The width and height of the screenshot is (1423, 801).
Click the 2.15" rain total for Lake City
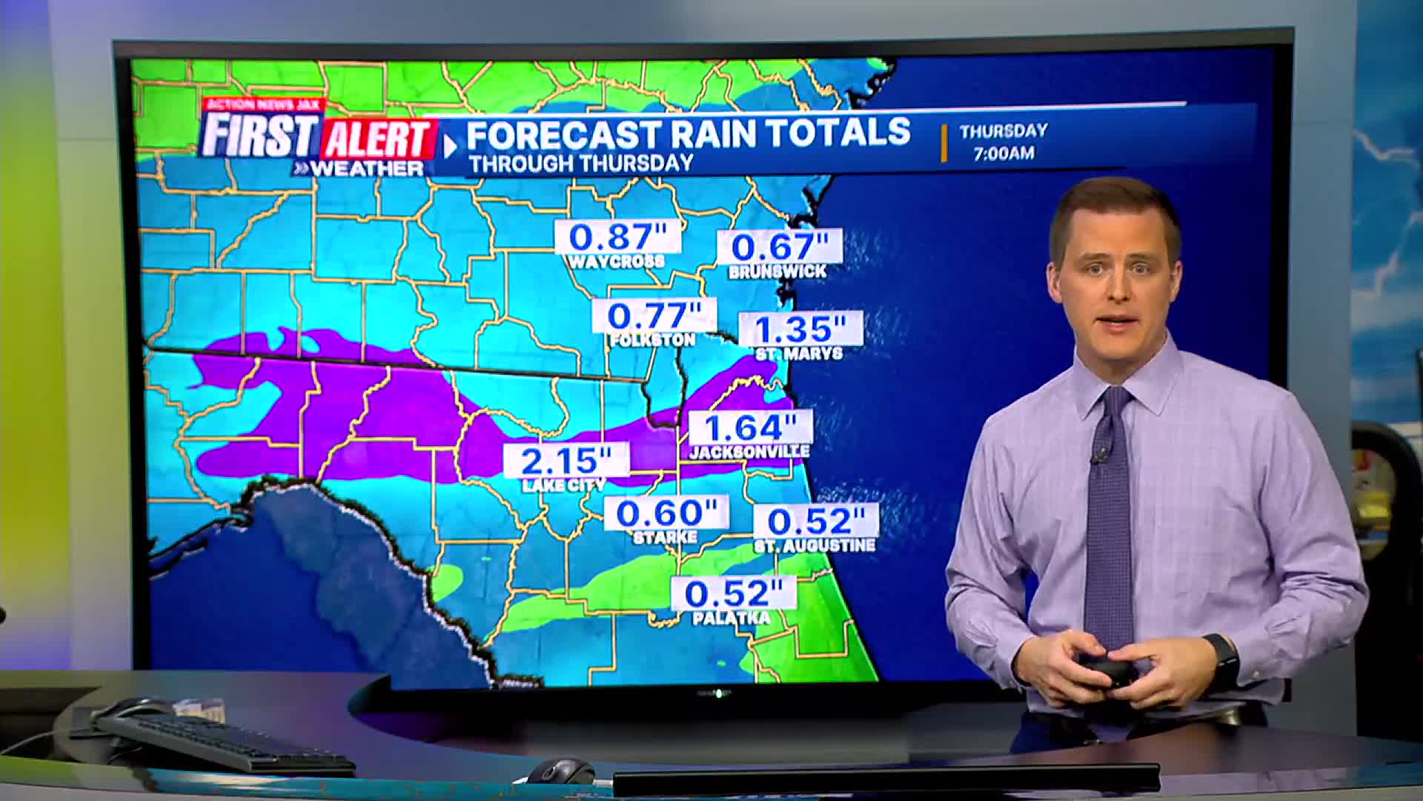566,461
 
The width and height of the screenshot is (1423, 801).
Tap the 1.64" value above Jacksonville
750,428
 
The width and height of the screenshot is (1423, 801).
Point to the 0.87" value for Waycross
617,237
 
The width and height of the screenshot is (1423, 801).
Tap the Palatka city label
732,618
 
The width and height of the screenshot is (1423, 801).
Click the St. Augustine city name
815,546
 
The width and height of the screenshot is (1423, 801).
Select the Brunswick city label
777,271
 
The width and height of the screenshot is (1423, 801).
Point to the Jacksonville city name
749,451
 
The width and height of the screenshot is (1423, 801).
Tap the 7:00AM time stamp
1004,154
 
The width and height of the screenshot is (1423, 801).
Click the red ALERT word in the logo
378,139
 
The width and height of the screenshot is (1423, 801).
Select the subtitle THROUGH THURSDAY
581,163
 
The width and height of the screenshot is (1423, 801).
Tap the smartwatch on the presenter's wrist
1224,656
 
